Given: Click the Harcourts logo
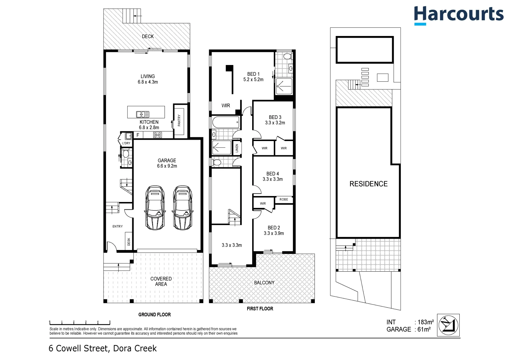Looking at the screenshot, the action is [459, 15].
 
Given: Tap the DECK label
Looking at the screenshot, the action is [148, 36].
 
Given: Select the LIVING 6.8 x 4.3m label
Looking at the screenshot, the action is [148, 79].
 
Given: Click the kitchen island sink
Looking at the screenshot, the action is [143, 114].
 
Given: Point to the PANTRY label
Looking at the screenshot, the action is [179, 120].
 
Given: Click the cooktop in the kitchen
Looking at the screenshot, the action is [158, 135].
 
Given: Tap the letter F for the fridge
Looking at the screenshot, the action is [138, 135].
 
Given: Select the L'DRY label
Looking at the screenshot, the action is [126, 143].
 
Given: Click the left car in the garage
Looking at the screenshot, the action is [155, 208].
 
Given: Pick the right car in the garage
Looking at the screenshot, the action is [183, 208].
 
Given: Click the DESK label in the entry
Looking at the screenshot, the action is [129, 242].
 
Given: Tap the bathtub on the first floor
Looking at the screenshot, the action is [226, 122].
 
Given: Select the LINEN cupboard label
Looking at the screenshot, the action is [237, 148].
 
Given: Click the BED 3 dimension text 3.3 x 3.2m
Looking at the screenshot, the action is [275, 123].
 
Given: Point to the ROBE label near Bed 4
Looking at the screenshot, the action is [284, 199].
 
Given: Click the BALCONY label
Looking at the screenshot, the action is [264, 283].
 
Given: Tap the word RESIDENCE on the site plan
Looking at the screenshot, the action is [368, 184].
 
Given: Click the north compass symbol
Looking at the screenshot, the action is [448, 325].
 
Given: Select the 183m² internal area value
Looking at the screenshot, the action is [426, 322].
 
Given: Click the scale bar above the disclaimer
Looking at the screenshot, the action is [80, 323].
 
